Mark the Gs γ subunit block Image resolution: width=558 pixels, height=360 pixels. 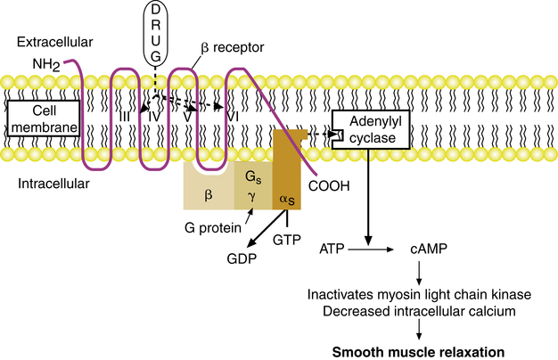click(252, 189)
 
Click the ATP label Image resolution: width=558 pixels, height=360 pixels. click(332, 253)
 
